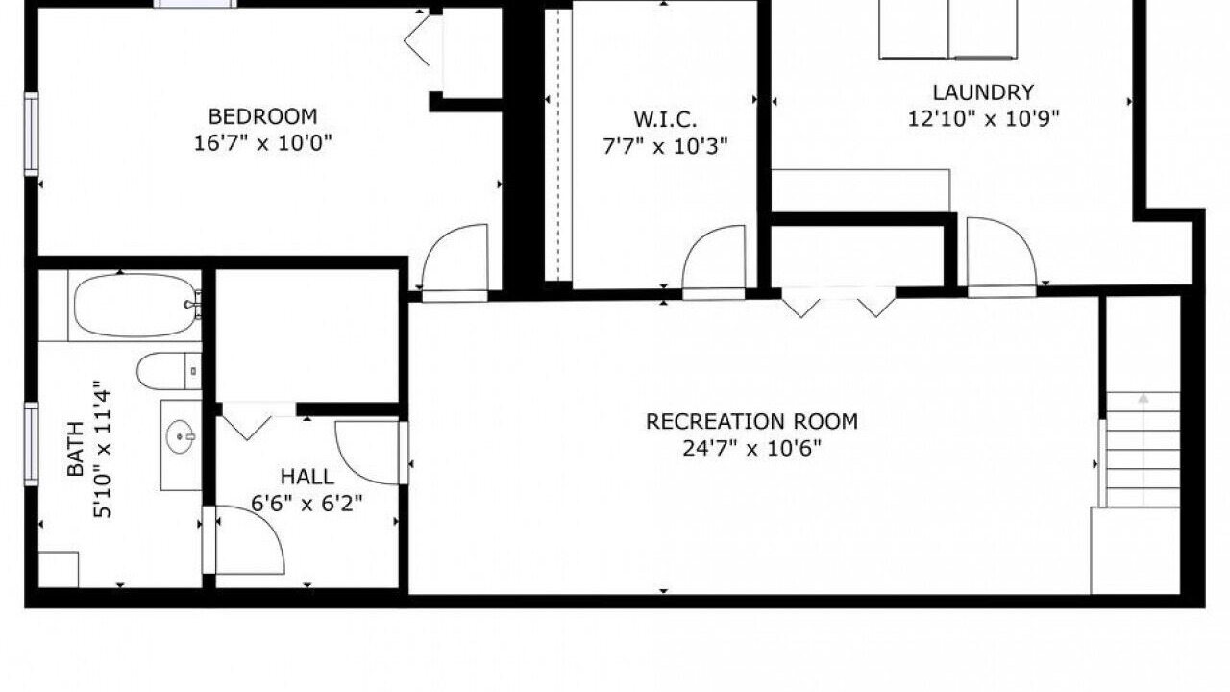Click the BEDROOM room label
click(262, 116)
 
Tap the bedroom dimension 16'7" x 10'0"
click(263, 143)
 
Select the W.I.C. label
click(665, 119)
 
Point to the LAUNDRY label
click(983, 92)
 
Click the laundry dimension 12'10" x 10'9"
click(983, 118)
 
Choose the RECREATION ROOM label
click(751, 421)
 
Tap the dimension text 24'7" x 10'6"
click(751, 449)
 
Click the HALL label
click(307, 477)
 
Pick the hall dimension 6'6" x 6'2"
click(307, 503)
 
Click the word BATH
click(75, 448)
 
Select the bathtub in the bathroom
click(135, 306)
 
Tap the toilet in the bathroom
click(169, 371)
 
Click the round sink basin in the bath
click(180, 436)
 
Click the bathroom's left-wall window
click(32, 444)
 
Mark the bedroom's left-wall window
click(32, 135)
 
